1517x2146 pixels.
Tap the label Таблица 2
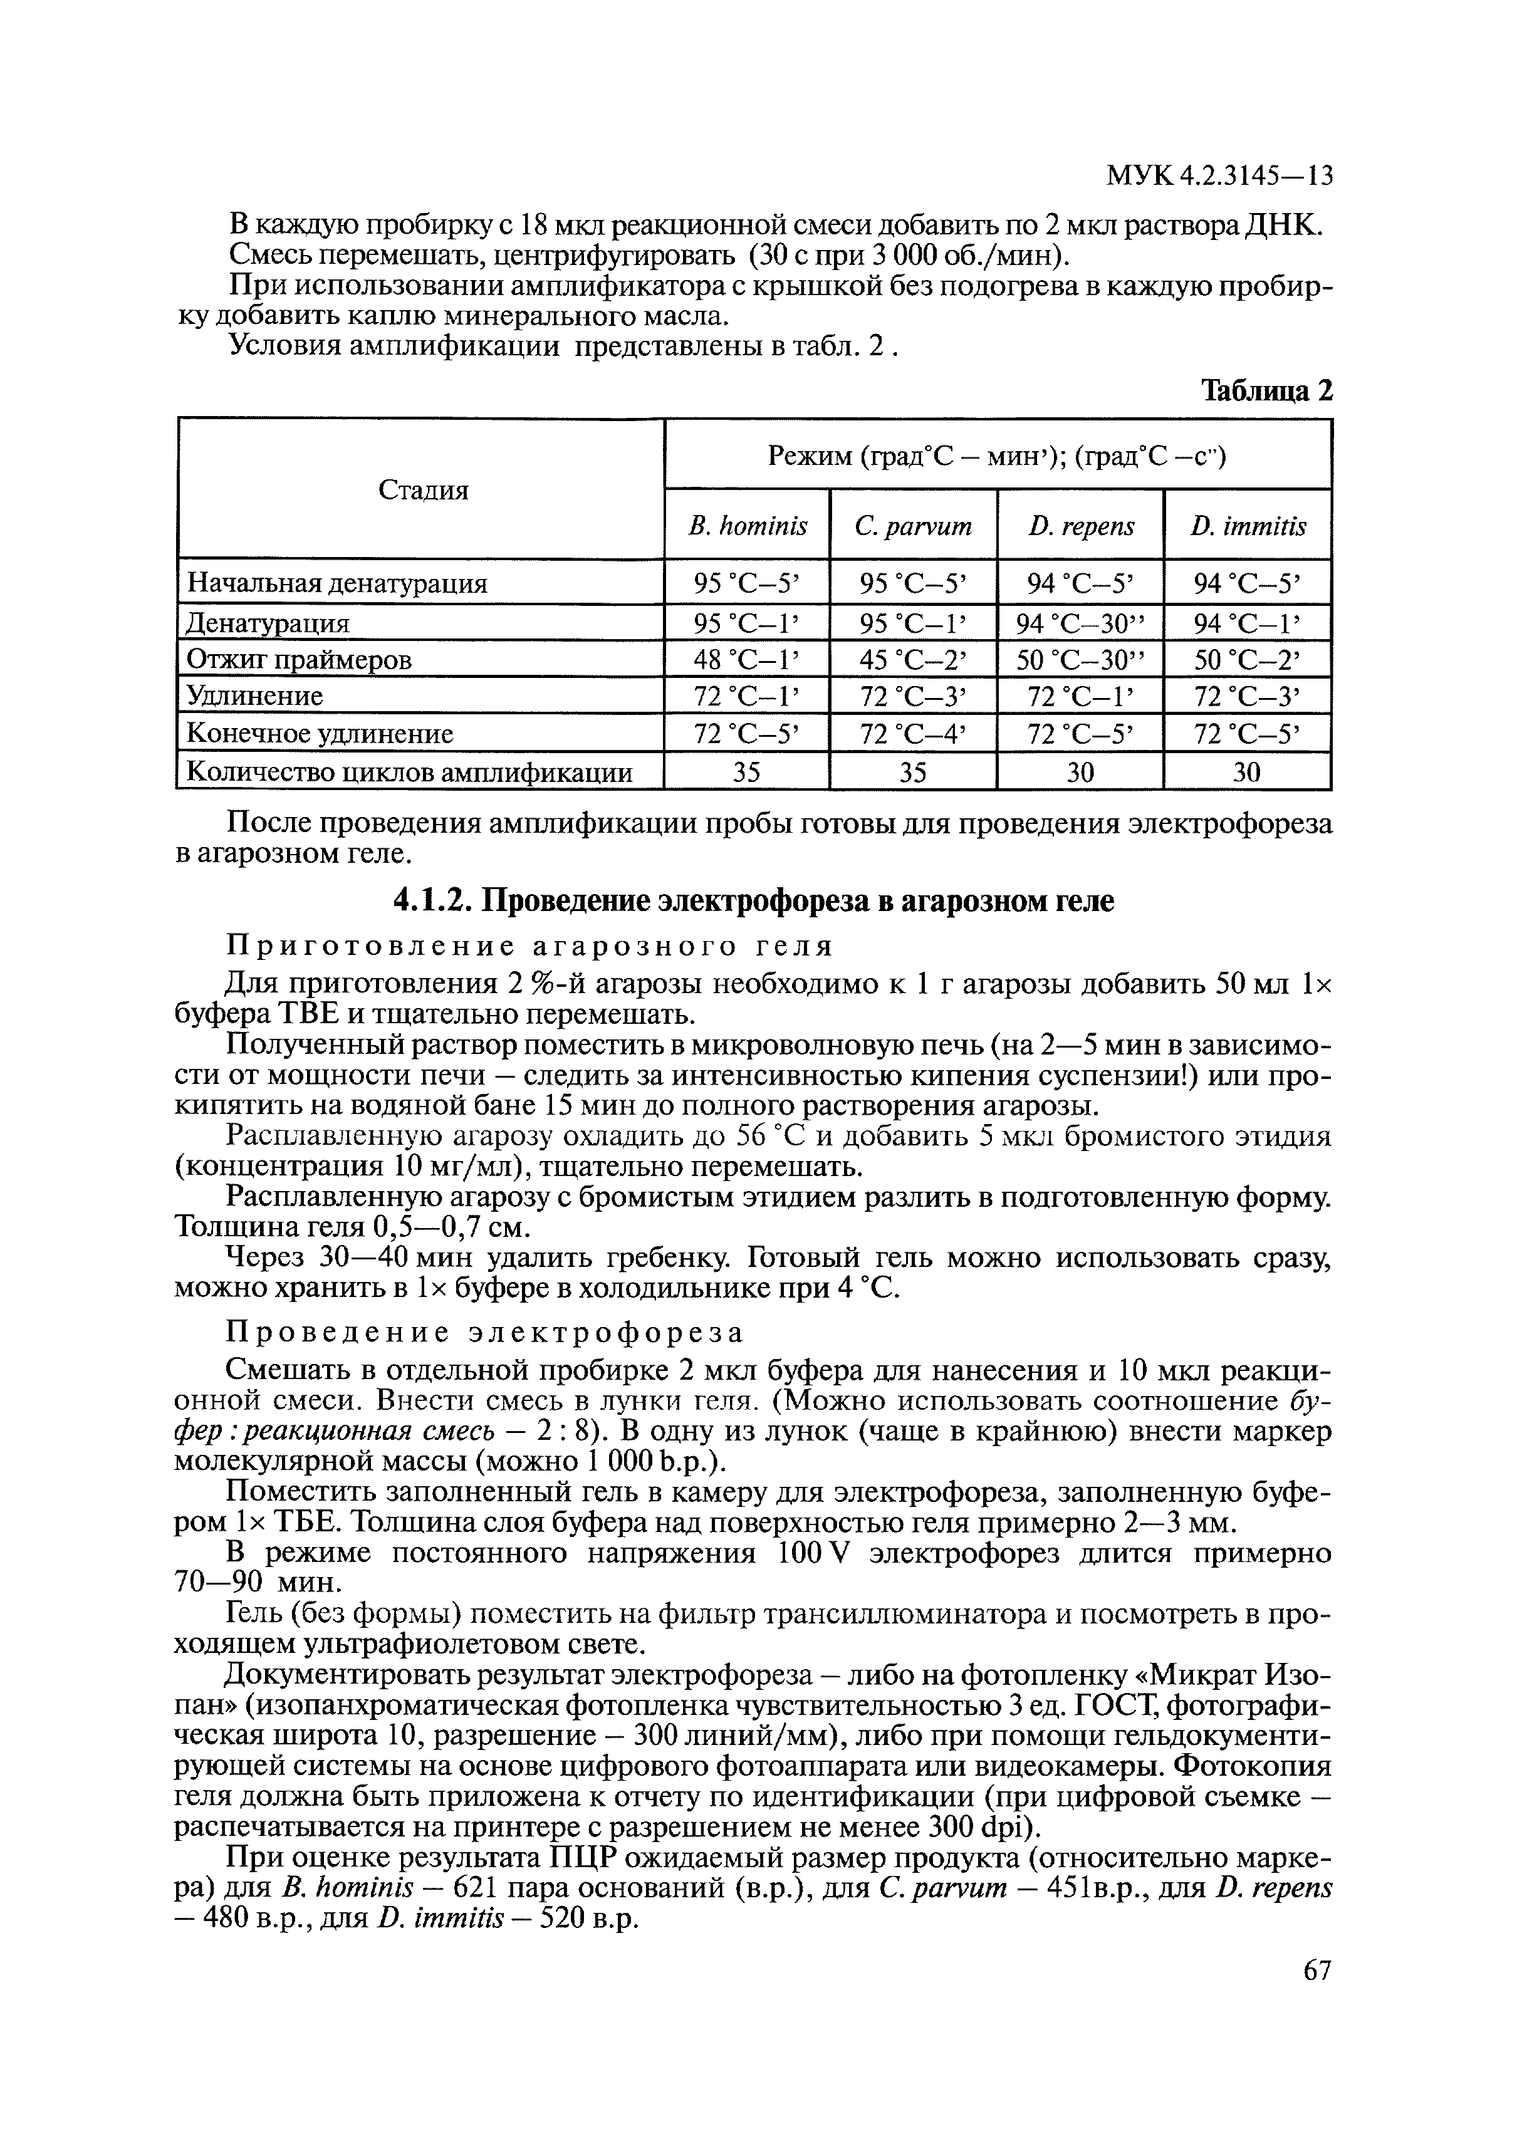[1266, 390]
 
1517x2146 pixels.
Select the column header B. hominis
[747, 526]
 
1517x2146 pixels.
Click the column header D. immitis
[1248, 526]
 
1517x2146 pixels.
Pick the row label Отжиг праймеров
[299, 660]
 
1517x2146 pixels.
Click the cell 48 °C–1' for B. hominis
[747, 660]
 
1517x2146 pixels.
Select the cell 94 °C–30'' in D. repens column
[1080, 622]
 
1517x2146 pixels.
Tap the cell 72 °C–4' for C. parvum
[913, 734]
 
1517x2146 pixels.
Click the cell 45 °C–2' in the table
[913, 660]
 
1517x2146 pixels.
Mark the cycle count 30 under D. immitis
[1247, 772]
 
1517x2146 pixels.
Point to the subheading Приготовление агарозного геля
[531, 947]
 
